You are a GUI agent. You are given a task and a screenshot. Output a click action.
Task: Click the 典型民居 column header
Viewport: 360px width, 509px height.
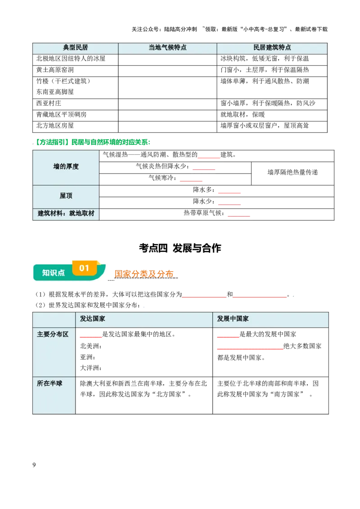(x=75, y=48)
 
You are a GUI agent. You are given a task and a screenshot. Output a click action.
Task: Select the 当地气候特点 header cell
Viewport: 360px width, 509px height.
(x=167, y=48)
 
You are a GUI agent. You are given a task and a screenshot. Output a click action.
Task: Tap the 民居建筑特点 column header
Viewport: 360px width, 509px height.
(x=272, y=48)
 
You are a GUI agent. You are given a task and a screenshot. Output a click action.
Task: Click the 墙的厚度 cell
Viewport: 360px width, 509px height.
(x=66, y=167)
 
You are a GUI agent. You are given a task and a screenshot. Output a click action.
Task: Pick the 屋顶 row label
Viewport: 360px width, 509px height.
(x=66, y=196)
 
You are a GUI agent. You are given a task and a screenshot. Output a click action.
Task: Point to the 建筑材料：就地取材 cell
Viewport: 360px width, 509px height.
(x=66, y=214)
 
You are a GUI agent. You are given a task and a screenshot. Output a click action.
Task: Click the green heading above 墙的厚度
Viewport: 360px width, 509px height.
(x=92, y=143)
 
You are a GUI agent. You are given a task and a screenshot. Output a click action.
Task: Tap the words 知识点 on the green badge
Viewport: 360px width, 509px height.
(x=53, y=273)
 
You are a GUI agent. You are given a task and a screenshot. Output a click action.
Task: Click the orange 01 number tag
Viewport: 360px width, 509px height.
(x=85, y=268)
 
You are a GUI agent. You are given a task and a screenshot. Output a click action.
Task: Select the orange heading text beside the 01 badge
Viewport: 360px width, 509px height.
(x=144, y=273)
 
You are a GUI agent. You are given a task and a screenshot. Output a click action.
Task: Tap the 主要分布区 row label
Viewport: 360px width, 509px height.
(x=53, y=335)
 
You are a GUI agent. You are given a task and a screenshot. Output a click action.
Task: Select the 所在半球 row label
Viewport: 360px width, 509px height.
(x=49, y=384)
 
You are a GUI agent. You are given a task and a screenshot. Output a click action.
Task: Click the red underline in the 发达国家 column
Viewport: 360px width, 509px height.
(x=90, y=336)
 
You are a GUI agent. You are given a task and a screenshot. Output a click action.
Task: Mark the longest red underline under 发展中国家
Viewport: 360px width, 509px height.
(x=250, y=349)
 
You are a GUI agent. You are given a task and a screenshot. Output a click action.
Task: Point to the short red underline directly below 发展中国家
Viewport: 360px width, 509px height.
(x=227, y=336)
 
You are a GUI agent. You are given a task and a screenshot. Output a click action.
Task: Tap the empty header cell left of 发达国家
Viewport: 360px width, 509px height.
(x=54, y=319)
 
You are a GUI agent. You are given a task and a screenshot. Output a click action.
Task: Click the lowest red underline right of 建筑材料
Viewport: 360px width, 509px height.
(x=239, y=217)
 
